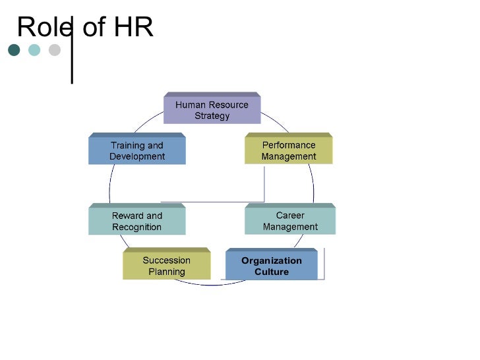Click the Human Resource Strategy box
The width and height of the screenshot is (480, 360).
(x=212, y=110)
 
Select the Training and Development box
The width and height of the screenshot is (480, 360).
(x=137, y=151)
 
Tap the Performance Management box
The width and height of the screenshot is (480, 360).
(x=289, y=151)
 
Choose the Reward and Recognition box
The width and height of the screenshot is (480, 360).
(x=137, y=222)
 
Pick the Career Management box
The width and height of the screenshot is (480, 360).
(x=290, y=221)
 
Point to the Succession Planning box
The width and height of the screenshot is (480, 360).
(x=166, y=266)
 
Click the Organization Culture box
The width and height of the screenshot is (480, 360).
(x=271, y=266)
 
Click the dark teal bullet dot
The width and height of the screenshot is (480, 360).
(x=14, y=50)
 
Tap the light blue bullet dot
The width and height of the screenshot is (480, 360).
(x=34, y=50)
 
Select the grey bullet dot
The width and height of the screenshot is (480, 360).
(x=54, y=50)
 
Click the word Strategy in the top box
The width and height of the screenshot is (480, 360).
(x=212, y=116)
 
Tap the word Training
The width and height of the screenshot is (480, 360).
(x=129, y=145)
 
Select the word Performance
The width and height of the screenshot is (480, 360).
(x=289, y=145)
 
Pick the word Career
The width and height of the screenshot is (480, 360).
(x=290, y=216)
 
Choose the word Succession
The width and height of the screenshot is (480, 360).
(x=166, y=260)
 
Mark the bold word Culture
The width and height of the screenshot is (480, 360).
(x=272, y=272)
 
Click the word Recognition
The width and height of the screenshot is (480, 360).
(x=136, y=227)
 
